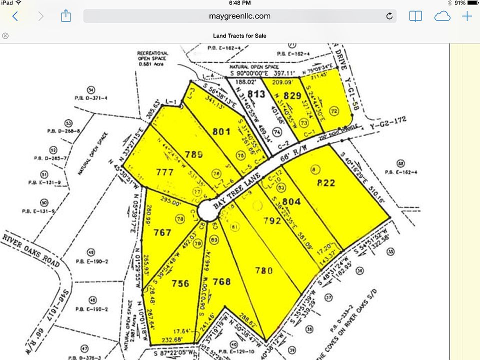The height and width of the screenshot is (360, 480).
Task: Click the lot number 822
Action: [x=326, y=183]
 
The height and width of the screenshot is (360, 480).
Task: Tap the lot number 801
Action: [x=221, y=132]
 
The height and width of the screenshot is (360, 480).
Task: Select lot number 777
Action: [x=165, y=172]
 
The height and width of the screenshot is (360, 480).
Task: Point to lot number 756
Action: [x=180, y=283]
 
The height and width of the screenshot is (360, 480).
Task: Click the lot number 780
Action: [x=263, y=270]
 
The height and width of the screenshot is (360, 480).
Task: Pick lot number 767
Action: [x=162, y=232]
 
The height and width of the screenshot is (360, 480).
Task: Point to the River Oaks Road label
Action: [x=31, y=248]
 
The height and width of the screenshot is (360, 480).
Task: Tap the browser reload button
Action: [x=389, y=16]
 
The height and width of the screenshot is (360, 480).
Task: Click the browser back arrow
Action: [x=15, y=16]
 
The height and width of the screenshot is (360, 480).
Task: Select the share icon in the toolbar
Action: [x=65, y=16]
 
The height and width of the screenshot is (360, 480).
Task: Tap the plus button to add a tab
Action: [x=467, y=16]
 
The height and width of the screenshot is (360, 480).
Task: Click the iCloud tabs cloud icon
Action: [x=442, y=16]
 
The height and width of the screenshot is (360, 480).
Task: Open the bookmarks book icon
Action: [x=415, y=16]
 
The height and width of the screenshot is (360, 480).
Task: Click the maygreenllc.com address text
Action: [x=239, y=16]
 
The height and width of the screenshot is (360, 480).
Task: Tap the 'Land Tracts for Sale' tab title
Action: [x=239, y=35]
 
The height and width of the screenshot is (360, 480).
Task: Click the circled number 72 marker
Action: [x=333, y=110]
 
